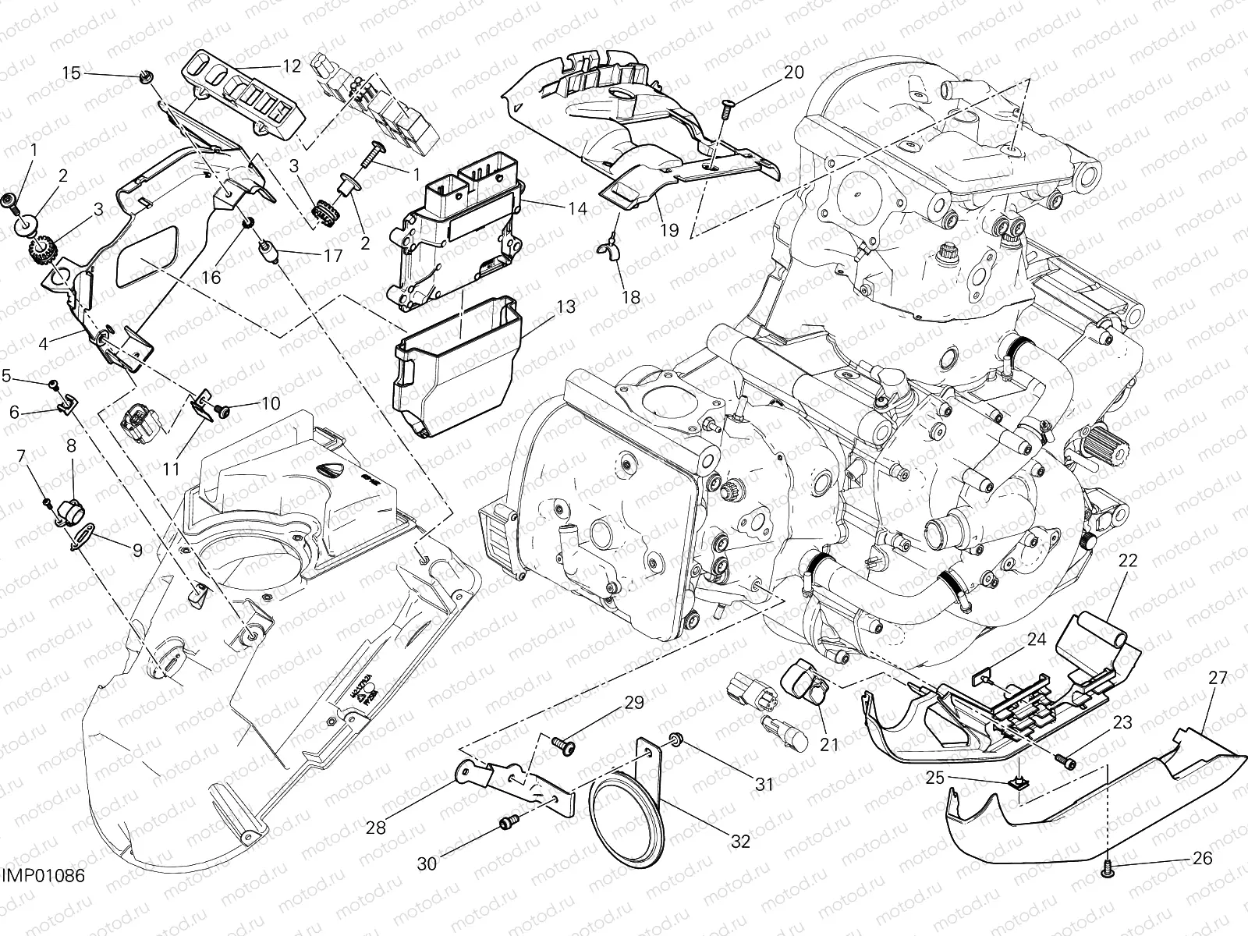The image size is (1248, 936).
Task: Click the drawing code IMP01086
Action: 42,899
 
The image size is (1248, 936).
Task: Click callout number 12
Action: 291,66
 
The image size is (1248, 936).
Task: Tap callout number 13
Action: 565,307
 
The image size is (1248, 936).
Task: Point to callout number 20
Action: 793,73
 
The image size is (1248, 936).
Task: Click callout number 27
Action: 1218,679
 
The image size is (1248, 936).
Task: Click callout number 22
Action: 1129,560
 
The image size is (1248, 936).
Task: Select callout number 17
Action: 333,256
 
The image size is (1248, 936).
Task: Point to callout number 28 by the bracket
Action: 376,828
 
